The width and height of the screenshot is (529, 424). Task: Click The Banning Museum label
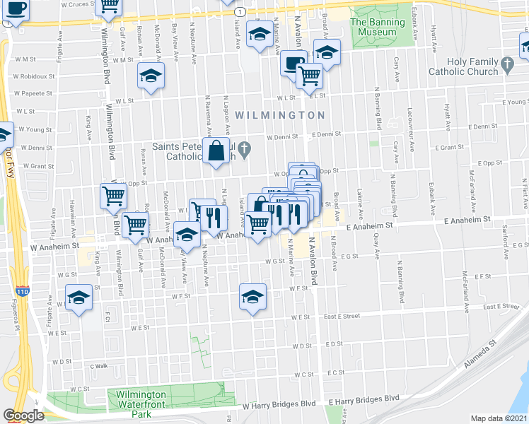tap(377, 27)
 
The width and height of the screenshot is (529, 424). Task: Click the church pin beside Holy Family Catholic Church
tap(507, 66)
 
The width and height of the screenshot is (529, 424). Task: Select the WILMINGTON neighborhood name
tap(279, 114)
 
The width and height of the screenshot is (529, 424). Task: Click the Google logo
tap(23, 416)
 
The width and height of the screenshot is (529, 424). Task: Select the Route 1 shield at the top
tap(241, 12)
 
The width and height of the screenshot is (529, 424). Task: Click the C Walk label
tap(98, 366)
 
